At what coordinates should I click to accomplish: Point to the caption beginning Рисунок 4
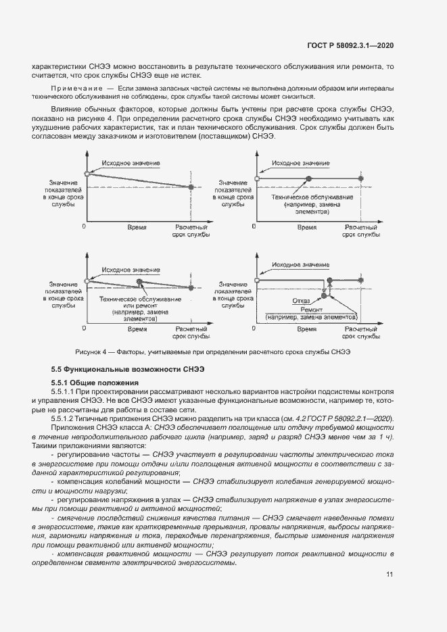pyautogui.click(x=213, y=352)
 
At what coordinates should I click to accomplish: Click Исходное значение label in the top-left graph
pyautogui.click(x=131, y=164)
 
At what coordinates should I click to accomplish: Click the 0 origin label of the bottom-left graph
pyautogui.click(x=84, y=328)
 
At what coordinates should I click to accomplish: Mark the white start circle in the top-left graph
pyautogui.click(x=86, y=174)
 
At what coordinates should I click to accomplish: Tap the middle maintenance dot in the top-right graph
pyautogui.click(x=308, y=178)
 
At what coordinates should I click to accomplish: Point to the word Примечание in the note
pyautogui.click(x=75, y=89)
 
